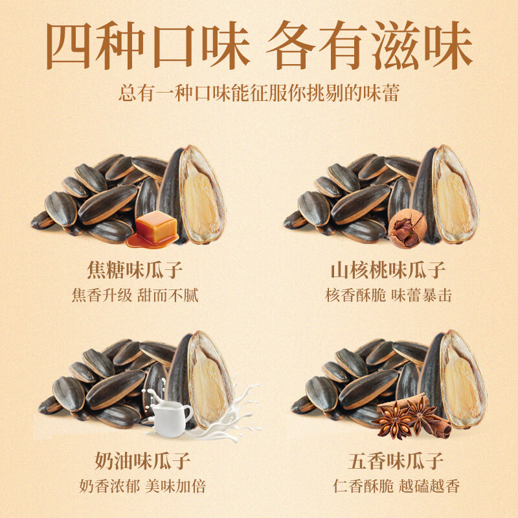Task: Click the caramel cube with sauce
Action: click(155, 228)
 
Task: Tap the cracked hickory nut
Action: click(407, 230)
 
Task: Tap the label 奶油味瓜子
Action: click(135, 462)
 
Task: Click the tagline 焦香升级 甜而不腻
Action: click(135, 296)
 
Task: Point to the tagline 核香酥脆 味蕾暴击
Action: click(388, 296)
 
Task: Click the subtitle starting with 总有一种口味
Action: click(259, 93)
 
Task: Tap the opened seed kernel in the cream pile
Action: click(208, 381)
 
